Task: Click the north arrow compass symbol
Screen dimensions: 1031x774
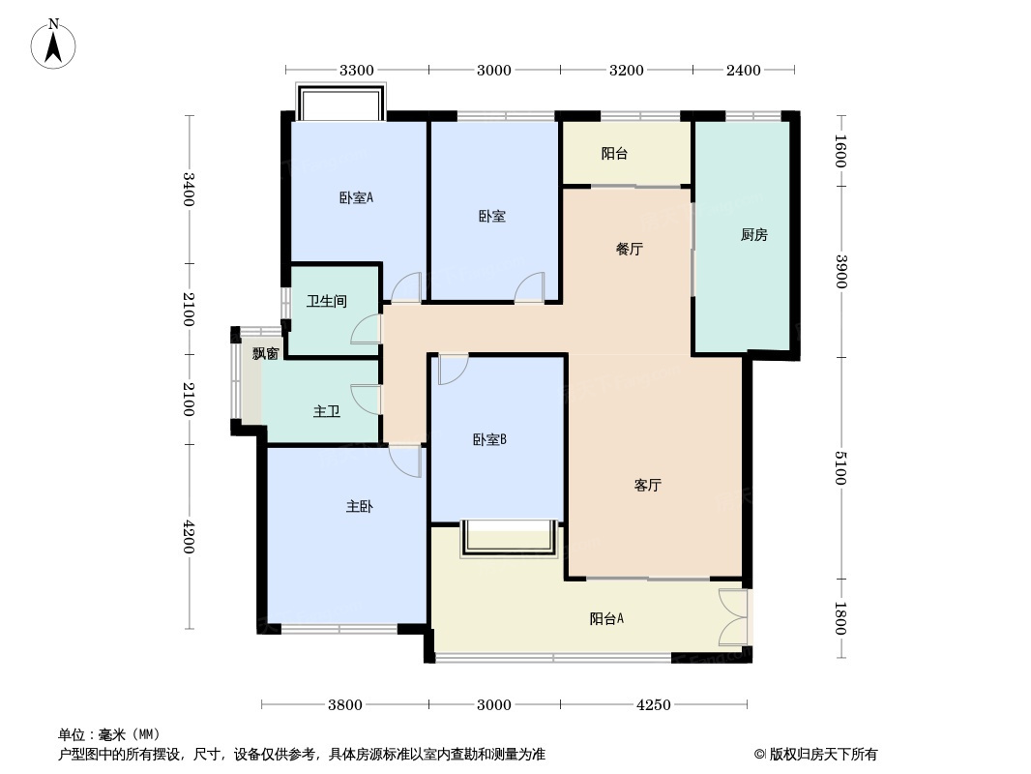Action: coord(53,44)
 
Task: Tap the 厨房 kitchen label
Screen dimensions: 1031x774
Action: coord(754,235)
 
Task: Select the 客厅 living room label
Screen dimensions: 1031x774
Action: coord(648,486)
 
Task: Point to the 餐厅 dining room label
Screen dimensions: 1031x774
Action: coord(630,249)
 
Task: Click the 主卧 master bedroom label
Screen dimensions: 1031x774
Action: coord(360,506)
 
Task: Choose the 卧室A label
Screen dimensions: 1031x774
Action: coord(356,197)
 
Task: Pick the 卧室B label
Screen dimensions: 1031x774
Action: coord(489,439)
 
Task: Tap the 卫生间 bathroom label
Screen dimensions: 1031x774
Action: coord(327,301)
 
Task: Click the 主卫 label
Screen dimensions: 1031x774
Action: coord(327,411)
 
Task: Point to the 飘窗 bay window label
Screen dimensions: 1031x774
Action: coord(266,354)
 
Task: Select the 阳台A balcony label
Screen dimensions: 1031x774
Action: coord(606,618)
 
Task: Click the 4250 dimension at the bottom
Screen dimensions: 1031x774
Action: coord(654,705)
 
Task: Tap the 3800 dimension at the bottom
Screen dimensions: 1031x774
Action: coord(345,705)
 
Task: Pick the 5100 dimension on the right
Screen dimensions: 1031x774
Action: coord(840,468)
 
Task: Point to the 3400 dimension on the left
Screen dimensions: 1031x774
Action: coord(190,189)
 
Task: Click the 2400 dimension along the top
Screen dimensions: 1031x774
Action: coord(743,70)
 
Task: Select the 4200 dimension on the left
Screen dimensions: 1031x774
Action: coord(190,537)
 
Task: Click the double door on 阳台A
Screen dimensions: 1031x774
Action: coord(733,617)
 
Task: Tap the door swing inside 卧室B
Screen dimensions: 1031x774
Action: coord(453,369)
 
